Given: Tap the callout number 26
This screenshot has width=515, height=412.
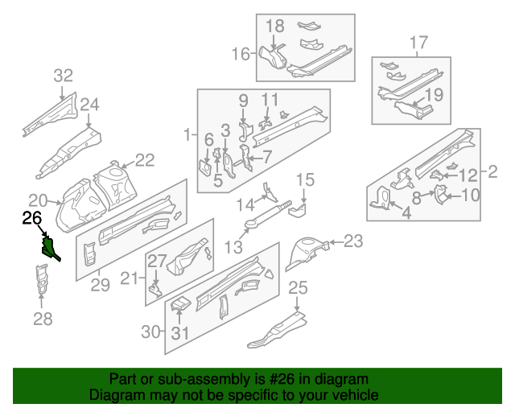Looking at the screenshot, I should pos(31,217).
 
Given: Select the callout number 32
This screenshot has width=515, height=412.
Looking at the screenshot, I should pos(63,76).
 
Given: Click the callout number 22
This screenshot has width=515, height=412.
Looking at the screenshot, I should pos(144,160).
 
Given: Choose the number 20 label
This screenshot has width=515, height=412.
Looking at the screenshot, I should pos(38,200).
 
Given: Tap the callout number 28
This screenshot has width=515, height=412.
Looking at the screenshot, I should pos(42,319).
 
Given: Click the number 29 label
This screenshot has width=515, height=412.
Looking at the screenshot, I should pos(99,282).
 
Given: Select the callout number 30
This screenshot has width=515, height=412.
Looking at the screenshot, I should pos(150,332).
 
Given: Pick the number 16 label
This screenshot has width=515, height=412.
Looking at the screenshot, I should pos(241,54).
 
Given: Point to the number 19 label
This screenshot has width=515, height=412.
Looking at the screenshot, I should pos(434,94).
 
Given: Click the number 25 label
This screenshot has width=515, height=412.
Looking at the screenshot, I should pos(298,287).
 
